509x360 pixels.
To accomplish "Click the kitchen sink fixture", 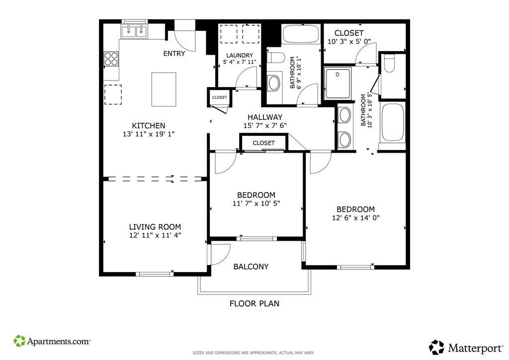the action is [x=134, y=31].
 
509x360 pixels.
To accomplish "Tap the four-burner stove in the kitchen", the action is [x=111, y=59].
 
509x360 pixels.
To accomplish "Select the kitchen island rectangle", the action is [x=164, y=90].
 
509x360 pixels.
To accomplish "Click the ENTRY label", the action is [x=174, y=54].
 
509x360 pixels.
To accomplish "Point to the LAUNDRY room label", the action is [x=240, y=56].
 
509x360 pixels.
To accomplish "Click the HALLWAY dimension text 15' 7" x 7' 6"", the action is [x=265, y=126].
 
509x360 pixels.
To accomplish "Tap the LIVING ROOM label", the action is [x=155, y=227].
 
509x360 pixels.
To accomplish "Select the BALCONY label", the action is [x=251, y=267].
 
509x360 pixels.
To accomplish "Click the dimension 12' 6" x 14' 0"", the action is [x=355, y=218].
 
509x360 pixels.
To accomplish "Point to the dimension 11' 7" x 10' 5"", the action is [x=256, y=203].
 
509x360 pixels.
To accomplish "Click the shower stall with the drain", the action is [x=338, y=83].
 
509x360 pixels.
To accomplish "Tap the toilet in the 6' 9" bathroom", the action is [x=275, y=58].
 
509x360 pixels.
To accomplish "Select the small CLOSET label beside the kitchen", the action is [x=219, y=97].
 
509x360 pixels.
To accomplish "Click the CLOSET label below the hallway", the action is [x=263, y=143].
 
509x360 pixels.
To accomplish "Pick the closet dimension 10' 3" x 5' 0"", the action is [x=349, y=42].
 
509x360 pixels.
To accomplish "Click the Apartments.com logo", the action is [x=52, y=341].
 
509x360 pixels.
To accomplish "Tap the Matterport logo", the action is [x=466, y=348].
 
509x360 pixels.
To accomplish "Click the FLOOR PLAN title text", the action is [x=254, y=303].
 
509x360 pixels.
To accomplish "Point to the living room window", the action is [x=155, y=274].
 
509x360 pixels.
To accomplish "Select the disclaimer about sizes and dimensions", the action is [x=254, y=353].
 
